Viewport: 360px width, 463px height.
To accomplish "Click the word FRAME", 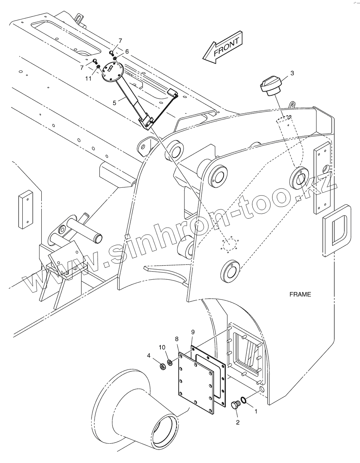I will click(300, 294).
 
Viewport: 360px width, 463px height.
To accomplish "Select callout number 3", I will click(292, 73).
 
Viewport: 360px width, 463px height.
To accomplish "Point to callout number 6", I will click(127, 52).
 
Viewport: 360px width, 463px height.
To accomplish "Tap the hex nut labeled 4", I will click(162, 367).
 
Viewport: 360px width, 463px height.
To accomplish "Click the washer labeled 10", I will click(170, 362).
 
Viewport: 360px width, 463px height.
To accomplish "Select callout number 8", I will click(177, 339).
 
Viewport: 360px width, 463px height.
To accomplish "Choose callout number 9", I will click(193, 332).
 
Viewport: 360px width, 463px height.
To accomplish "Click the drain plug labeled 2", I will click(235, 405).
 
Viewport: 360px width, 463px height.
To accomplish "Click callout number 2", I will click(238, 422).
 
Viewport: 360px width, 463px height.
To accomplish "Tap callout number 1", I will click(256, 412).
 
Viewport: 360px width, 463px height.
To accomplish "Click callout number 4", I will click(149, 355).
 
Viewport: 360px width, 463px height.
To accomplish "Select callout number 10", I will click(162, 347).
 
